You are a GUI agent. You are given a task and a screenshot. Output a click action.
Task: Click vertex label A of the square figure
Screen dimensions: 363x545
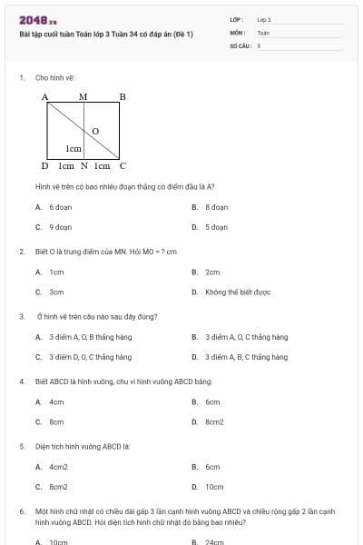tap(44, 96)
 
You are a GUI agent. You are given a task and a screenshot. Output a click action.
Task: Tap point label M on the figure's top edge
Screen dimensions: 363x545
tap(83, 96)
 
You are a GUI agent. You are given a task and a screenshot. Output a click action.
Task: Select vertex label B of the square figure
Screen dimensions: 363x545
tap(123, 96)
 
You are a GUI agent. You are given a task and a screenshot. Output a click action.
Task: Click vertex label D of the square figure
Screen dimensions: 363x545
tap(44, 166)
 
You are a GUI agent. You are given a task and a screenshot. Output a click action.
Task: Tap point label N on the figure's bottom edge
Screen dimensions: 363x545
tap(83, 166)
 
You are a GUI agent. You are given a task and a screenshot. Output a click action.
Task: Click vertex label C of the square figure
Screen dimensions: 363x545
tap(123, 166)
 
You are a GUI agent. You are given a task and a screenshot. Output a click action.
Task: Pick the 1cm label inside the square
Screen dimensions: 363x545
tap(74, 148)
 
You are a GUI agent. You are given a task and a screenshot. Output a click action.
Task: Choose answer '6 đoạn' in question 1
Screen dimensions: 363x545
tap(61, 207)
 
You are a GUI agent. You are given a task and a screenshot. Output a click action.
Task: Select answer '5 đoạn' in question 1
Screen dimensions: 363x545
tap(215, 227)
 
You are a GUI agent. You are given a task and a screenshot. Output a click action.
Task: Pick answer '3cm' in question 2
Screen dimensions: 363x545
tap(56, 292)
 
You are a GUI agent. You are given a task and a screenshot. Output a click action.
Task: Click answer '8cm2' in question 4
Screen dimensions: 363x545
tap(214, 422)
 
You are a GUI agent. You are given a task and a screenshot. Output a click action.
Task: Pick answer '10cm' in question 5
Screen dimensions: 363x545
tap(214, 487)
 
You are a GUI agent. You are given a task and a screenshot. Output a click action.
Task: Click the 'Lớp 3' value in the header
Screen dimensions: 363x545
tap(264, 19)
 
